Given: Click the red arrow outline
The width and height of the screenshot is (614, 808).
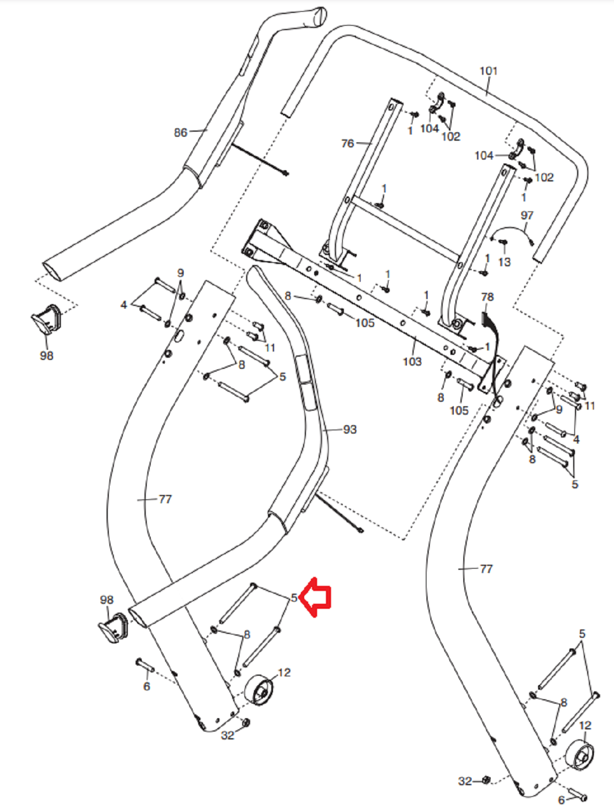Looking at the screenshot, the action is [x=316, y=597].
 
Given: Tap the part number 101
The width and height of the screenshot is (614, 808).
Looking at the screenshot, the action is [x=488, y=71].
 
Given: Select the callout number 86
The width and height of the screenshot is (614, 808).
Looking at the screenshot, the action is [x=180, y=132].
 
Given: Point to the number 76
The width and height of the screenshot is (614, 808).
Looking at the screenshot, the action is [x=347, y=143].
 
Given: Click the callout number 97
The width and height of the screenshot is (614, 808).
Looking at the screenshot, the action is [x=527, y=215].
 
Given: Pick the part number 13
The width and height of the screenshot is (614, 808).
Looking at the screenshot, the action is [x=504, y=262].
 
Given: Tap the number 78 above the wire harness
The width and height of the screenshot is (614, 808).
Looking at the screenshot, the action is [x=487, y=297].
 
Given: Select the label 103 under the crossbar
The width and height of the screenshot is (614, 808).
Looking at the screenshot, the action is [x=412, y=362].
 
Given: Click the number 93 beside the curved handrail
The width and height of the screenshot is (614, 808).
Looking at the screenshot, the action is [x=349, y=429].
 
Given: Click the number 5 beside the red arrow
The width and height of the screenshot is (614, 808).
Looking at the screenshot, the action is [x=294, y=598].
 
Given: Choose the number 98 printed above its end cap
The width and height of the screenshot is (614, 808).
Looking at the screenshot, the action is [x=107, y=600].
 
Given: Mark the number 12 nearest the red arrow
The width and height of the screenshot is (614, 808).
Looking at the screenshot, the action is [x=284, y=672].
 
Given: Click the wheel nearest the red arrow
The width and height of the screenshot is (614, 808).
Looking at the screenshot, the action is [x=260, y=690].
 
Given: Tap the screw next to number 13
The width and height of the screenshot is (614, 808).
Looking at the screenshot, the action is [x=502, y=243].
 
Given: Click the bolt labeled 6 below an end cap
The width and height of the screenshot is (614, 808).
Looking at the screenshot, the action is [x=144, y=665].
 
